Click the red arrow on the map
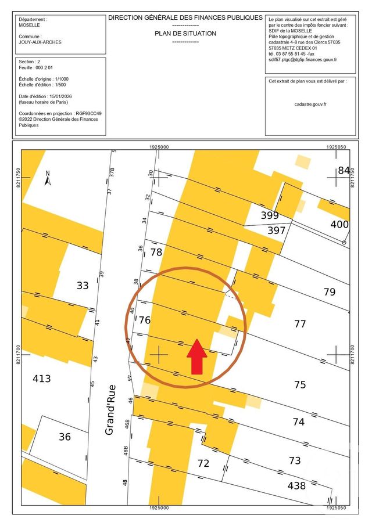click(197, 356)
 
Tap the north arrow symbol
click(48, 178)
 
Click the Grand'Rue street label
click(110, 410)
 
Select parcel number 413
click(41, 379)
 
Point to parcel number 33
click(83, 285)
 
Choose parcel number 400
click(339, 224)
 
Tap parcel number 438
click(288, 485)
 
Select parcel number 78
click(156, 252)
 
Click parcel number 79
click(330, 291)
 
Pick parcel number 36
click(65, 437)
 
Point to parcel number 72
click(203, 463)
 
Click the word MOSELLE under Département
click(30, 26)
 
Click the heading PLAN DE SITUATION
click(185, 34)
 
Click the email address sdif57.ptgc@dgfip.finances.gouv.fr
click(303, 60)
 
